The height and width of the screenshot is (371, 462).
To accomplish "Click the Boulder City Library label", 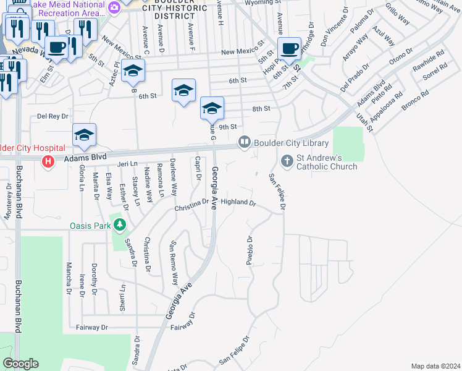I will click(x=291, y=143).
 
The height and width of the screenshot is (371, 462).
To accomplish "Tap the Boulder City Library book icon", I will click(x=245, y=143).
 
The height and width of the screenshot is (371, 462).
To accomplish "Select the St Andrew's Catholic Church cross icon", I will click(x=287, y=161).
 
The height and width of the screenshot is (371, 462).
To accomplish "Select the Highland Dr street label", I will click(x=238, y=202).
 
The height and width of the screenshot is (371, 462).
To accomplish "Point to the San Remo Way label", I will click(x=174, y=259).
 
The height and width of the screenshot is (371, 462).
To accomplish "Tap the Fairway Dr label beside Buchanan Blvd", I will click(x=91, y=327).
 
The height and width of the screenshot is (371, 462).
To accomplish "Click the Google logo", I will click(x=21, y=364).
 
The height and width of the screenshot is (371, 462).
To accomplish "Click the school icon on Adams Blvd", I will click(x=85, y=135).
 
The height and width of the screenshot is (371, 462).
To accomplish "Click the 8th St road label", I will click(x=261, y=109).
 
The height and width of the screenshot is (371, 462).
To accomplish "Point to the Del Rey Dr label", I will click(x=52, y=116).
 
